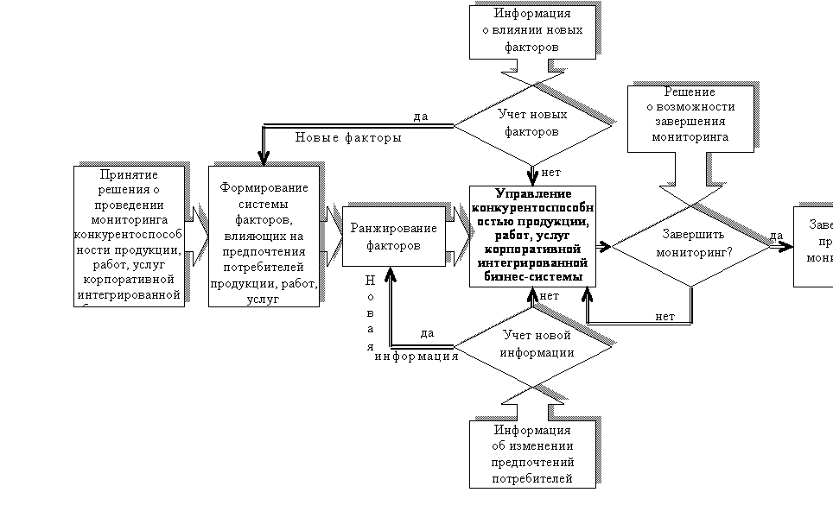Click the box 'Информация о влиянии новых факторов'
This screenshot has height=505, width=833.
pyautogui.click(x=532, y=32)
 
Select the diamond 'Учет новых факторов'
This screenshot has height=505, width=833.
pyautogui.click(x=532, y=123)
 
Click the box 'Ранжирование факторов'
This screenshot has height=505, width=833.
pyautogui.click(x=394, y=237)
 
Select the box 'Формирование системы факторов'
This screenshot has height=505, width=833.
pyautogui.click(x=264, y=236)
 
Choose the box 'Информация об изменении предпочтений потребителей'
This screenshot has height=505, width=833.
pyautogui.click(x=532, y=454)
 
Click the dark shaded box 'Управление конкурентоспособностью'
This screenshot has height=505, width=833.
pyautogui.click(x=532, y=236)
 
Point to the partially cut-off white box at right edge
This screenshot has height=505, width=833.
pyautogui.click(x=814, y=246)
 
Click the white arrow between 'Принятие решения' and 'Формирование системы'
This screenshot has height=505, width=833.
pyautogui.click(x=196, y=236)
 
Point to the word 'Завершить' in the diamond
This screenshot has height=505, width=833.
pyautogui.click(x=691, y=234)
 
